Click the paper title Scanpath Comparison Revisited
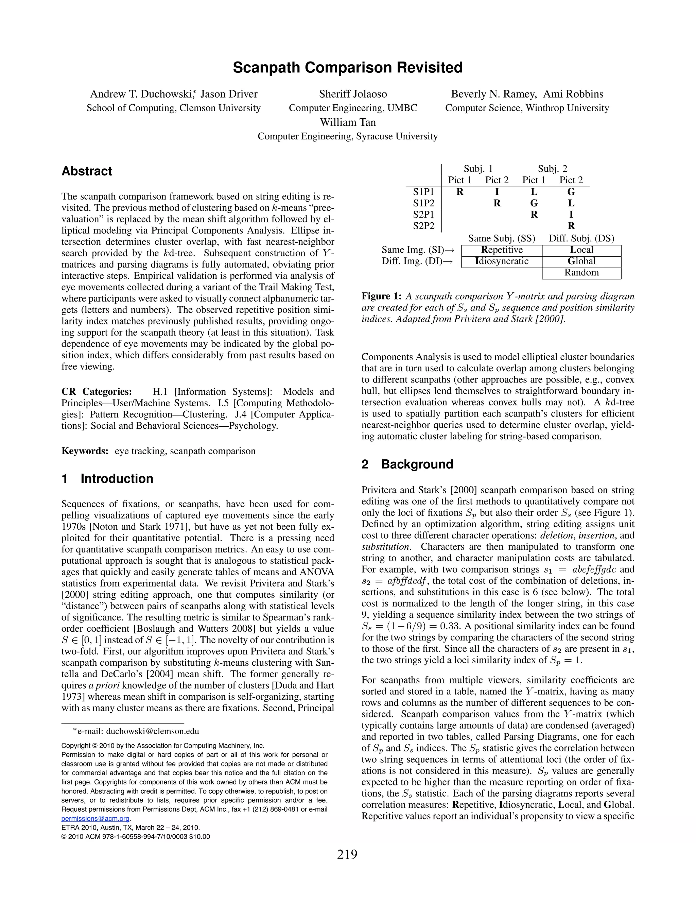[x=348, y=68]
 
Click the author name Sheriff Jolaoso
[x=353, y=94]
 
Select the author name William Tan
[x=348, y=122]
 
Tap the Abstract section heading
[x=87, y=171]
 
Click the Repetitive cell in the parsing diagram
[x=501, y=250]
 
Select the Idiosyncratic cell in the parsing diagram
[x=501, y=261]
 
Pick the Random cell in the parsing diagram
[x=581, y=273]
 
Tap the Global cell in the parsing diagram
[x=581, y=261]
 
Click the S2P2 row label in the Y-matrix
[x=423, y=226]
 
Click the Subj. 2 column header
[x=552, y=169]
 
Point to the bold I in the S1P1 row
[x=497, y=192]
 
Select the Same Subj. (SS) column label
[x=501, y=238]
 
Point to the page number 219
[x=347, y=854]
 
